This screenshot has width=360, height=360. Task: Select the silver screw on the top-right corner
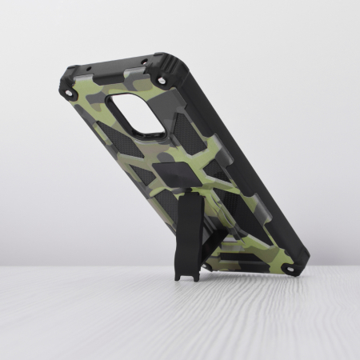[163, 81]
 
